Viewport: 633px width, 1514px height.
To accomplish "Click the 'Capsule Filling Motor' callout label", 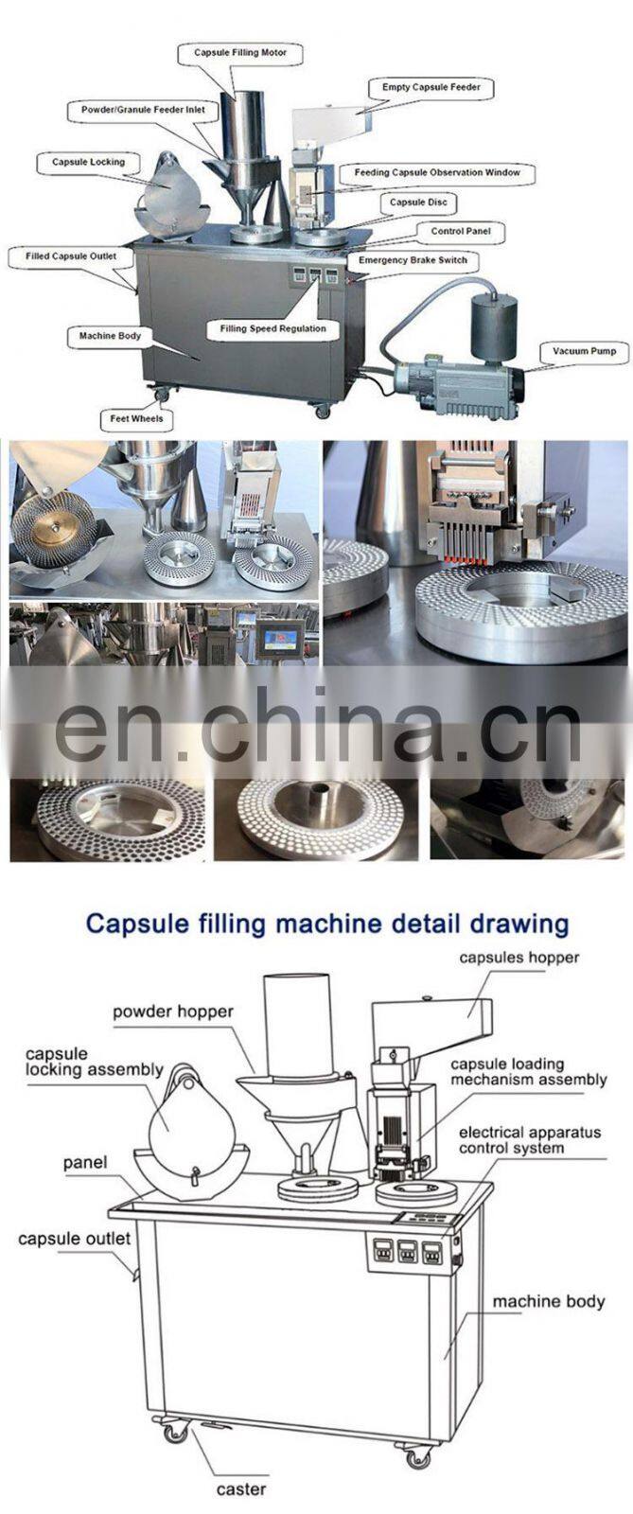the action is pos(240,52).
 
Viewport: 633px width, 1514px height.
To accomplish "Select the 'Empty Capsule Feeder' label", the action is pos(431,87).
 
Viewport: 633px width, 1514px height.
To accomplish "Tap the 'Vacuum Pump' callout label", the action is pos(585,351).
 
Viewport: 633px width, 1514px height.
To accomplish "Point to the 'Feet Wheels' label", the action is pos(136,418).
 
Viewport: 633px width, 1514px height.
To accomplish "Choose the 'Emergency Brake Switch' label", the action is pos(413,259).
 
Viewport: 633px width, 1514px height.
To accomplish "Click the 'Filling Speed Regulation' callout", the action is pos(273,328).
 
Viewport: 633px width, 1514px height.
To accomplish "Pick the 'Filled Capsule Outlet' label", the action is pos(71,256).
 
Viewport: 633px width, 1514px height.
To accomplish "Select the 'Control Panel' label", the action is pos(461,231).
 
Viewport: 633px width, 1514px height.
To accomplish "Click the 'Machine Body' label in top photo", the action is pos(110,336).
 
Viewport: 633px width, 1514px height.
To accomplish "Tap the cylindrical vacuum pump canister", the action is pos(494,322).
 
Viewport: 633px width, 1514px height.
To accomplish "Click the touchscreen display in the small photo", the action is pos(276,640).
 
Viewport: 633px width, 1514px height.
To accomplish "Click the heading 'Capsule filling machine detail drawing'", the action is pos(327,924).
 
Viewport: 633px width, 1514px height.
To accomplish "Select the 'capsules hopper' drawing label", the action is pos(519,957).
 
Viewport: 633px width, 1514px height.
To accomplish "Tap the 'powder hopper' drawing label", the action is pos(173,1012).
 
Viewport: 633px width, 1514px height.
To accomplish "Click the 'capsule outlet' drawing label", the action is pos(75,1239).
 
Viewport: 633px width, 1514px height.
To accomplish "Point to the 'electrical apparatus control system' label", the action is pos(530,1140).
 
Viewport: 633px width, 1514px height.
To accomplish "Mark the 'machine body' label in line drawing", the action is pos(549,1301).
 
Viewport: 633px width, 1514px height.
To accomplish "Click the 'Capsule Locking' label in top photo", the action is pos(89,162).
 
